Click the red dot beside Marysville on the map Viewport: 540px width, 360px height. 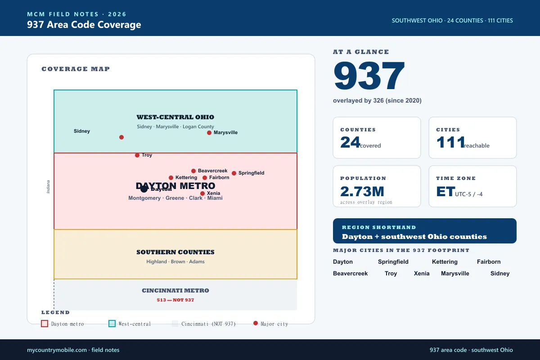coord(209,133)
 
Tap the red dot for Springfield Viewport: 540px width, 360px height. coord(234,173)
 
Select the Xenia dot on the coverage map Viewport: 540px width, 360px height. coord(202,193)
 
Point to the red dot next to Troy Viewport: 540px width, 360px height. coord(137,155)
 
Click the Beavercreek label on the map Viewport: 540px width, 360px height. coord(212,171)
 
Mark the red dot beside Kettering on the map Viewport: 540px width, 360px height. coord(171,178)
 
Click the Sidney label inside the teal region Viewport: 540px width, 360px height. coord(82,131)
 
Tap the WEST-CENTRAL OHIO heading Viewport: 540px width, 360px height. coord(175,117)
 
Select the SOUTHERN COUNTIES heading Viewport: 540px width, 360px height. coord(175,252)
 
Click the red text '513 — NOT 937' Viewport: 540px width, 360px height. coord(175,300)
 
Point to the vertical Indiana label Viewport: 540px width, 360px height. coord(48,187)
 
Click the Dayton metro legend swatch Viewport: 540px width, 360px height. coord(45,324)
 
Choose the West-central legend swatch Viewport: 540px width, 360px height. coord(112,324)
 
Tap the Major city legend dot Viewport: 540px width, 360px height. coord(256,323)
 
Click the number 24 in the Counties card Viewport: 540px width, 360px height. coord(350,142)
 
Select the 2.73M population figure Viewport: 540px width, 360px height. coord(362,191)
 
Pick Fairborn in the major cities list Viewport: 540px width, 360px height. coord(489,261)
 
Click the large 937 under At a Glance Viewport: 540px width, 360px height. coord(369,76)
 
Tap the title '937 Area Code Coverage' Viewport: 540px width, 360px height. coord(84,25)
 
